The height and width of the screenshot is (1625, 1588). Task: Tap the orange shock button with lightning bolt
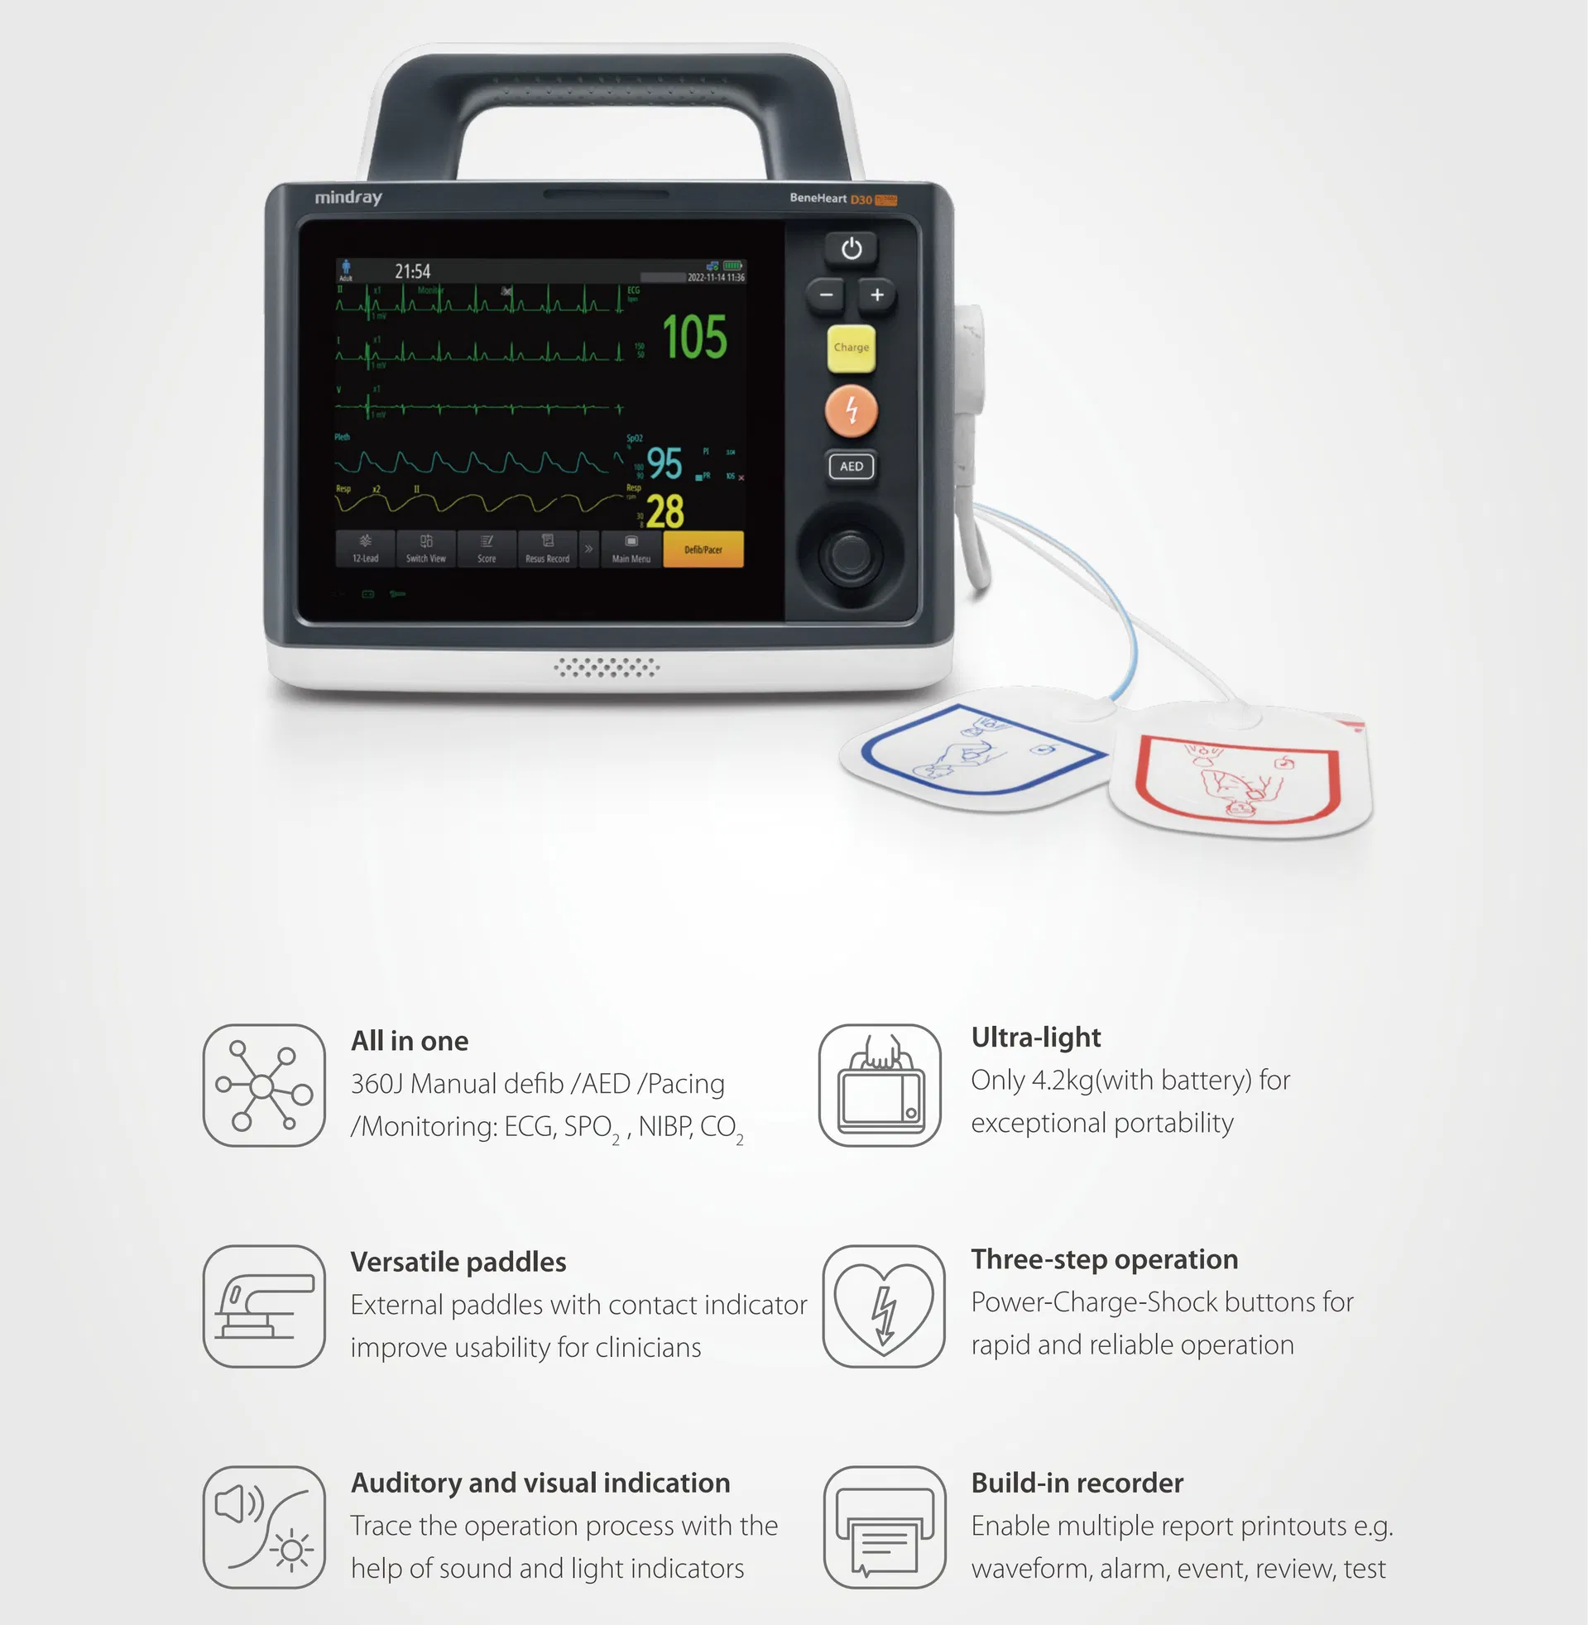851,410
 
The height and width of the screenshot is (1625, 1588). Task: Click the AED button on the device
851,466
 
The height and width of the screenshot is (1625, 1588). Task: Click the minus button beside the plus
826,295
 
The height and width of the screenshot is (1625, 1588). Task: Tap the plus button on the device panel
876,295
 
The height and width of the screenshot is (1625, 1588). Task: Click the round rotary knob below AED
850,552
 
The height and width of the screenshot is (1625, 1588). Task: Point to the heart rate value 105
694,338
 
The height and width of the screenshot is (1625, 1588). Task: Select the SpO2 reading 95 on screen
664,463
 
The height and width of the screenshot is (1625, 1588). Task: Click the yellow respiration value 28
664,511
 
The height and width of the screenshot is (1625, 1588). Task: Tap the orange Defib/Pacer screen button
703,549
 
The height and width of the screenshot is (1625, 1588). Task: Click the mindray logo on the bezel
348,198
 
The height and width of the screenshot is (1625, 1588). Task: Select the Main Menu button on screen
631,549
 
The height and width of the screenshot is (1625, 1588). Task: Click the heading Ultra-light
1036,1038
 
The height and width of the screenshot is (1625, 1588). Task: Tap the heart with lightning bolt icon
884,1306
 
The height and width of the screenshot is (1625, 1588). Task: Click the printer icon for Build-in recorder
884,1527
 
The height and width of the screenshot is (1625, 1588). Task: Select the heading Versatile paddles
458,1262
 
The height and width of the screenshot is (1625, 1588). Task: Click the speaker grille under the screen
607,667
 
